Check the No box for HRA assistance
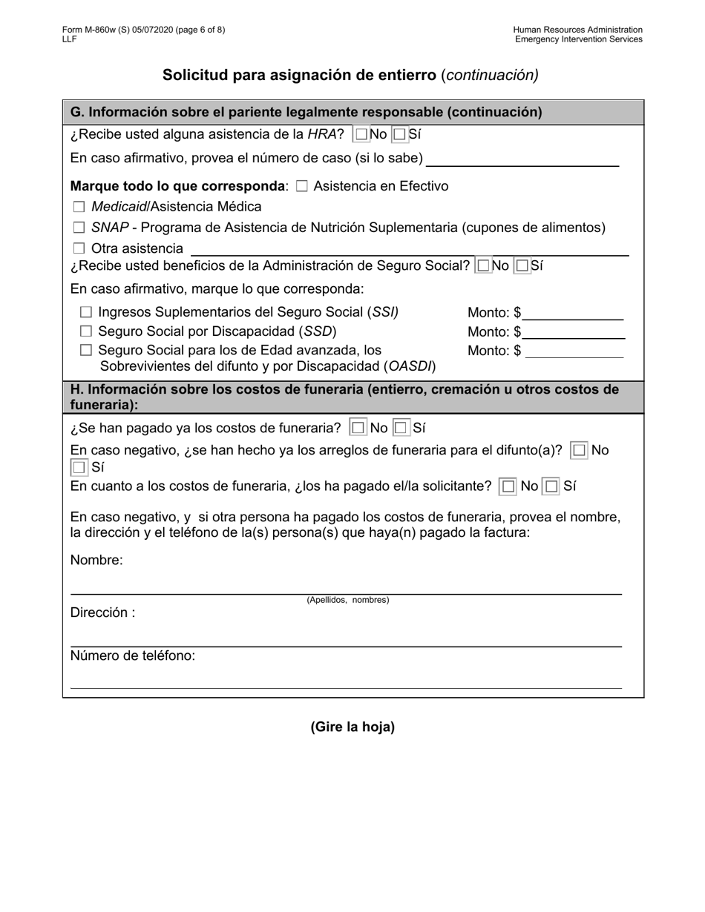(x=361, y=135)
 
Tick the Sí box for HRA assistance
(x=399, y=135)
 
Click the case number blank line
(x=522, y=159)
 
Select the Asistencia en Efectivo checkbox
(x=301, y=187)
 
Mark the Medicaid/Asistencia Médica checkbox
(x=79, y=208)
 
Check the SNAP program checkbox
(x=79, y=228)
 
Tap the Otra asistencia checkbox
(x=79, y=249)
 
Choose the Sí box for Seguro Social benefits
(x=522, y=265)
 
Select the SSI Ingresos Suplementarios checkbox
(x=86, y=313)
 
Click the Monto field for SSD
(x=573, y=331)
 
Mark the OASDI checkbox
(x=86, y=350)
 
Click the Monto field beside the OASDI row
(x=574, y=351)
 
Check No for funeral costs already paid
(x=358, y=428)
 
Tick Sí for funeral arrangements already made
(x=78, y=468)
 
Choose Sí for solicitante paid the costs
(x=551, y=487)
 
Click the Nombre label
(x=96, y=561)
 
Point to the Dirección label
(x=102, y=613)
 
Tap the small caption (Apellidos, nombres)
(x=347, y=600)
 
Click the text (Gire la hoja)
(x=352, y=727)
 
